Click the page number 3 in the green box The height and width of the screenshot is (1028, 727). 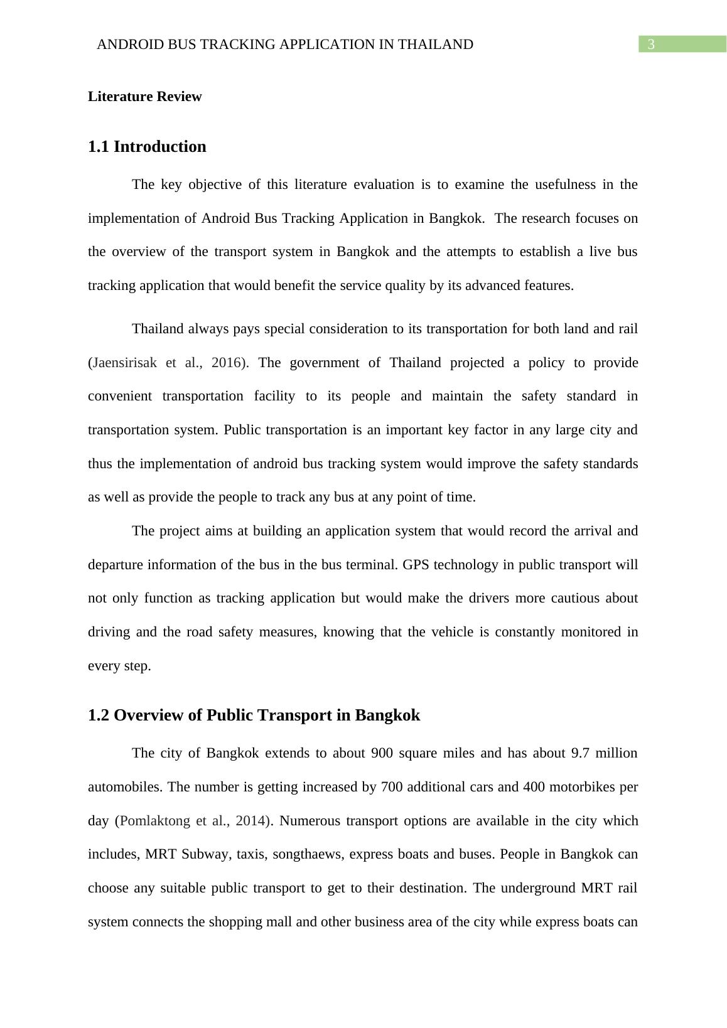click(651, 45)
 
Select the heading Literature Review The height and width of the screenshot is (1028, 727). click(144, 97)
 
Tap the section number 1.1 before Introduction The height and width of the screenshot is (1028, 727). click(99, 147)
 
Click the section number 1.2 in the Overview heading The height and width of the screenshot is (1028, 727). click(99, 715)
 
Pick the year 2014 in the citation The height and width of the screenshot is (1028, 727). click(252, 821)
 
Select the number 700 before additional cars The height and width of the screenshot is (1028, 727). click(392, 787)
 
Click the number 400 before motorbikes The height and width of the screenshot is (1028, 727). click(534, 787)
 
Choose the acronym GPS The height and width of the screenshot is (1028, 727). click(416, 565)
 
